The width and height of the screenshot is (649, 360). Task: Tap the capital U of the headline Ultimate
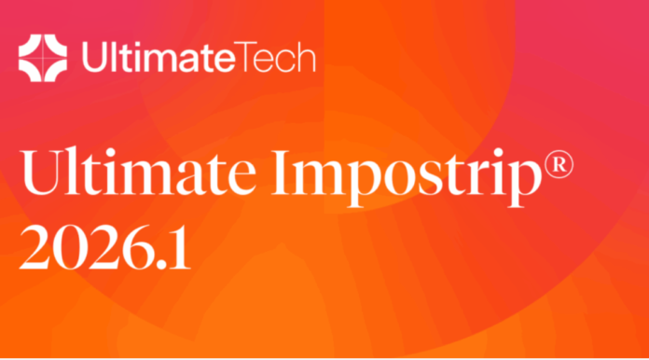pos(41,172)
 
